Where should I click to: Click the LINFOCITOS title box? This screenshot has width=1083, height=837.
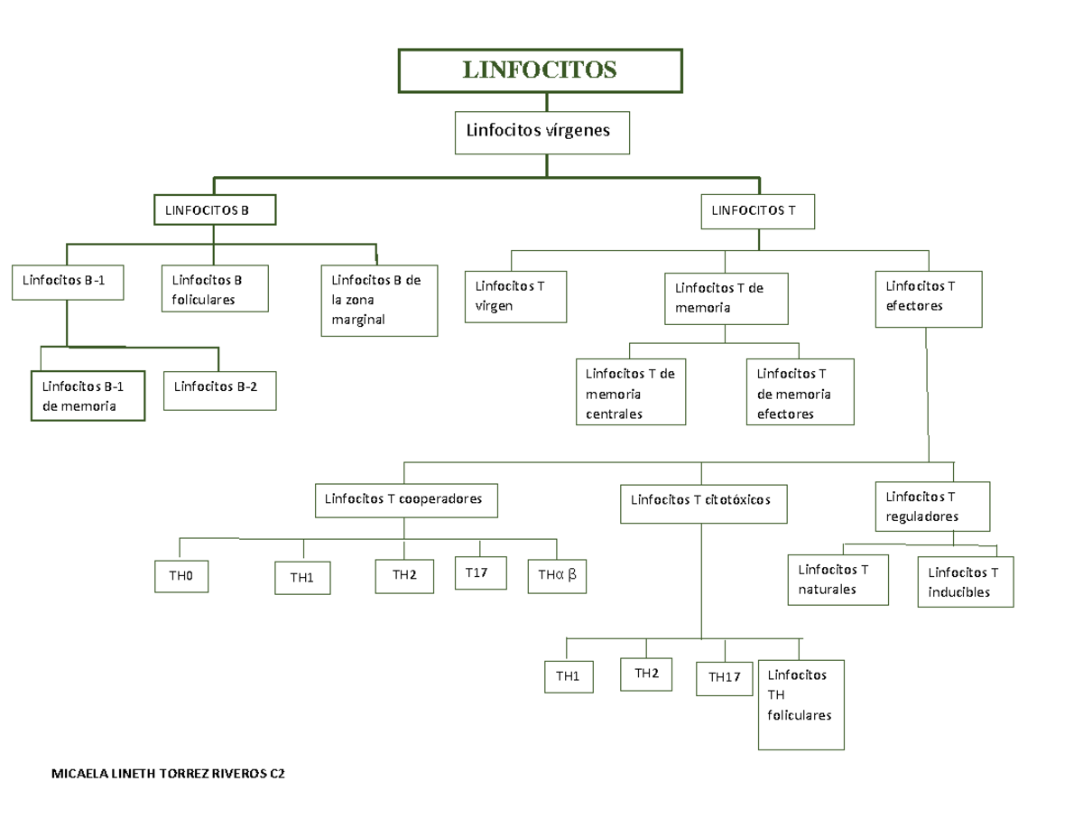[x=540, y=70]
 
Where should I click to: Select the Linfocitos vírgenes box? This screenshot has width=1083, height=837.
[x=541, y=132]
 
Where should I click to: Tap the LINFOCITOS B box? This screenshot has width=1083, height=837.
[x=215, y=210]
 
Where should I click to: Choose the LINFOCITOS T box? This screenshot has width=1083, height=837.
[x=758, y=211]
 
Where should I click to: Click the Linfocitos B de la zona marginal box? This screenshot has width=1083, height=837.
[x=380, y=300]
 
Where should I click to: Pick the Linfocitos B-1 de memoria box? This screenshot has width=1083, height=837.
[x=88, y=396]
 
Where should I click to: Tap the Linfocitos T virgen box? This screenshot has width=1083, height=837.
[x=515, y=296]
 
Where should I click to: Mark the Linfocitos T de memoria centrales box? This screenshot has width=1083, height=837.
[x=630, y=394]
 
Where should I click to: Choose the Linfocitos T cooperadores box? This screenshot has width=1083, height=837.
[x=406, y=499]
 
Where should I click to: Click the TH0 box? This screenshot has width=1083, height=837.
[x=181, y=575]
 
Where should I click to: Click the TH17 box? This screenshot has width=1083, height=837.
[x=724, y=677]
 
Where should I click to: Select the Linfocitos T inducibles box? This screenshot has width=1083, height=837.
[x=965, y=582]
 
